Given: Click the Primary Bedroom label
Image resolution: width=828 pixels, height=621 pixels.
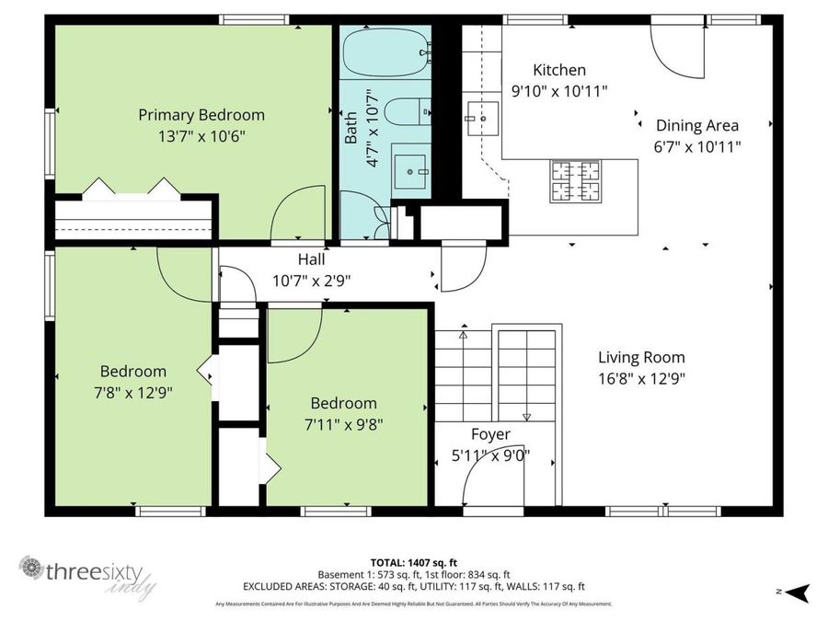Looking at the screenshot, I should click(x=201, y=115).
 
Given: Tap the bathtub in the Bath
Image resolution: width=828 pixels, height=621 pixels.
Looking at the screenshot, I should click(x=385, y=50).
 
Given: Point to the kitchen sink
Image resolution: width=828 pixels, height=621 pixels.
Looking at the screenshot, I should click(x=480, y=117).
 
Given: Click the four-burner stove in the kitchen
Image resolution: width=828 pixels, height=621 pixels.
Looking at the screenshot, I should click(x=575, y=180).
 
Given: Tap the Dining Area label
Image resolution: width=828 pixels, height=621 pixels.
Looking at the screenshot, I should click(x=696, y=125).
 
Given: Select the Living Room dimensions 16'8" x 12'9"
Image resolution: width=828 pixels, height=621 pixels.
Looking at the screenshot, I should click(x=641, y=376).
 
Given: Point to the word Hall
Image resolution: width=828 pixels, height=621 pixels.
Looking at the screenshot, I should click(x=311, y=260).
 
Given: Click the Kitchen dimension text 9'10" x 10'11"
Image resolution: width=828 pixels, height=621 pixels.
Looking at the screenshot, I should click(x=559, y=90).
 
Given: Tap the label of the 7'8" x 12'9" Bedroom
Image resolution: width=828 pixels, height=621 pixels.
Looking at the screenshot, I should click(x=133, y=372).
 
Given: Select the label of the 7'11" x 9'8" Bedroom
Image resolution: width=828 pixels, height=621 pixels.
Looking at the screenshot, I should click(x=343, y=403).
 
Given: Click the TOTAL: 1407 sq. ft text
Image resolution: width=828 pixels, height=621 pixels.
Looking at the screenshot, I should click(x=414, y=561).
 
